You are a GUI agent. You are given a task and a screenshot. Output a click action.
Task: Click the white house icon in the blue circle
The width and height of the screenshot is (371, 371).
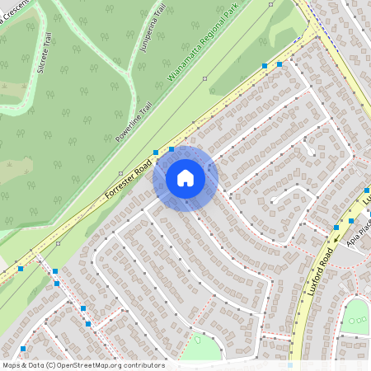(x=185, y=178)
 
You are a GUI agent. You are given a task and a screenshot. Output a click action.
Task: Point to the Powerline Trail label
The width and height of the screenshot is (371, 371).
(x=134, y=121)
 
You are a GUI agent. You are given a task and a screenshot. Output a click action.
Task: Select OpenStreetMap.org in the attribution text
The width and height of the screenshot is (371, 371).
(x=90, y=365)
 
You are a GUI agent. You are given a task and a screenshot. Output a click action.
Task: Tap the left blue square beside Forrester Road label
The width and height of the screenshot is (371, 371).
(x=156, y=153)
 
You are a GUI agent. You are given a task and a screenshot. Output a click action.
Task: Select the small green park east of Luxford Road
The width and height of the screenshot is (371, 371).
(x=355, y=315)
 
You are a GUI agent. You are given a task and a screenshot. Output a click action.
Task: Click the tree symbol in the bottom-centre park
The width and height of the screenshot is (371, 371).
(x=198, y=338)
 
